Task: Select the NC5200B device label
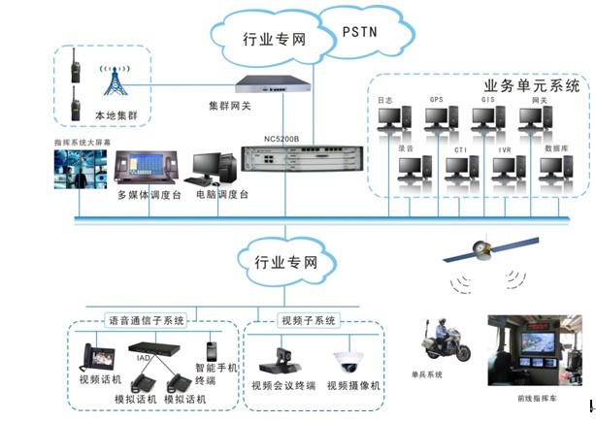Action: click(281, 138)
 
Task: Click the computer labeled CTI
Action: click(460, 168)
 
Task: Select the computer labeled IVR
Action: click(506, 168)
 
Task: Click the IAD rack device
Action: click(155, 348)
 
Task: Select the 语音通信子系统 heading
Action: click(145, 320)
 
